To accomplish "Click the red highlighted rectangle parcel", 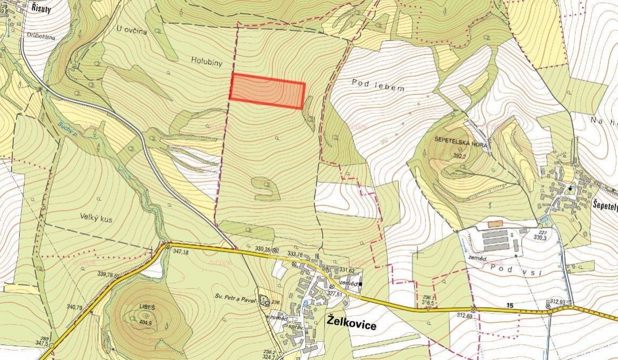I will [267, 91].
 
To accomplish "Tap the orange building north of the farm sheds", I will [495, 224].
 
